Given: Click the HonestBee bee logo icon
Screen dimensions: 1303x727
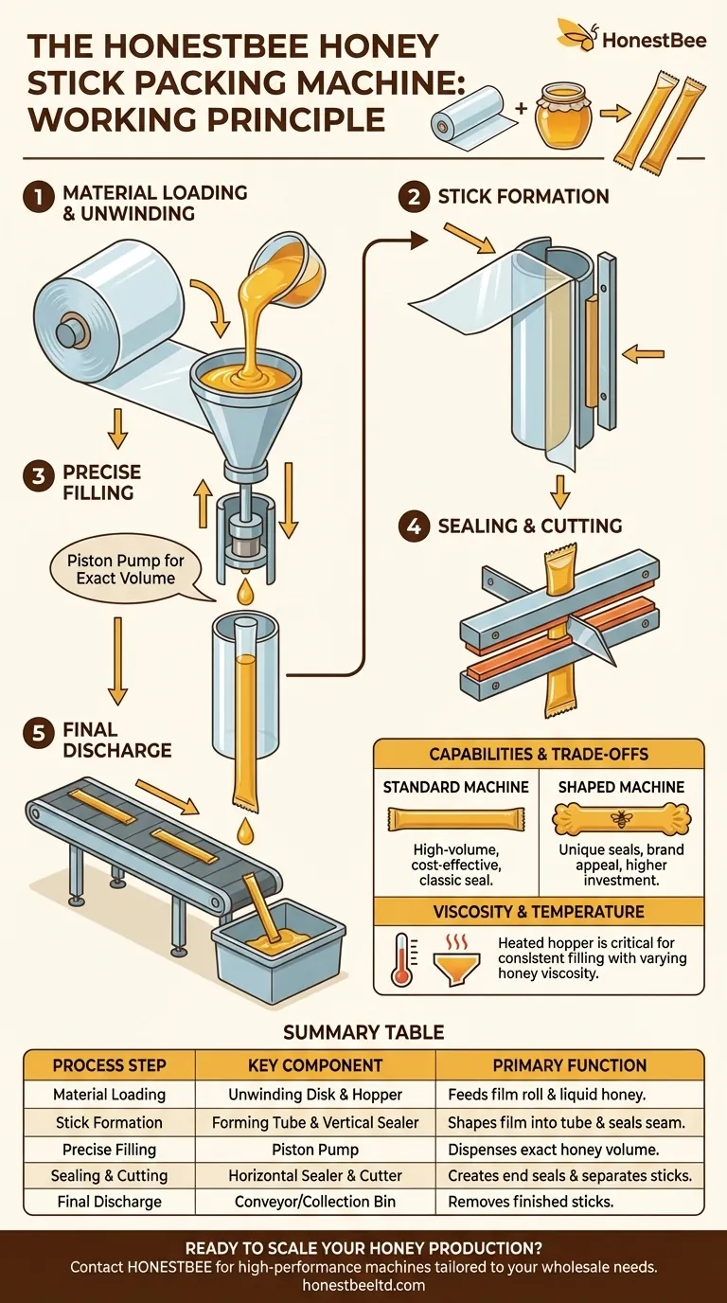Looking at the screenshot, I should [576, 35].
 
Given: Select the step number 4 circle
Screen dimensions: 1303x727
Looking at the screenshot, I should [413, 526].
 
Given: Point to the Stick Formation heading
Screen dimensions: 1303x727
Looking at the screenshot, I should [523, 197].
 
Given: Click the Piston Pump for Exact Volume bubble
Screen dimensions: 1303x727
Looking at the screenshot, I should [126, 568].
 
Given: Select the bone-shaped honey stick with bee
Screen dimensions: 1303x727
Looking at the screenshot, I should [621, 816].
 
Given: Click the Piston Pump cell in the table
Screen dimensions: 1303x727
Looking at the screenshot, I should [314, 1149].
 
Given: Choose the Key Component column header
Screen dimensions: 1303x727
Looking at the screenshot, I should [314, 1064].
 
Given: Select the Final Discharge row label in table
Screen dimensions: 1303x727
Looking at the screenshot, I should [108, 1202].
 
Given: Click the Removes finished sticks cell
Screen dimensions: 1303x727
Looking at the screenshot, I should [530, 1202].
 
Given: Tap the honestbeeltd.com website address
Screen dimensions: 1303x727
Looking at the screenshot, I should [363, 1285].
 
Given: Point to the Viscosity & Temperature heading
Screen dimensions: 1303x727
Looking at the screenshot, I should [539, 911].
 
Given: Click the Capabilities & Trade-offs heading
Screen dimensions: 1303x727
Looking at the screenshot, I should [539, 754].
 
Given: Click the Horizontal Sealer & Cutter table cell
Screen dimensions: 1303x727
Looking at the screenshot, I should [314, 1175].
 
